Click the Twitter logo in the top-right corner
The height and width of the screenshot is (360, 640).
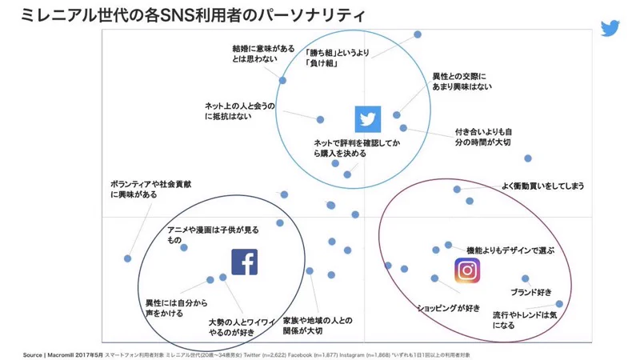(612, 28)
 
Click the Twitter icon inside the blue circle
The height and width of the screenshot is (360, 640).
(367, 119)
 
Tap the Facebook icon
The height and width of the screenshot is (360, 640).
(244, 262)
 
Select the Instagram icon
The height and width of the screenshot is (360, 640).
(467, 270)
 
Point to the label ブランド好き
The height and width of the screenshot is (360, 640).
(530, 291)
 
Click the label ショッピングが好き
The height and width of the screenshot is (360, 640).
(449, 308)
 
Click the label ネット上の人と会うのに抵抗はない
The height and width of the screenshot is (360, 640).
(239, 110)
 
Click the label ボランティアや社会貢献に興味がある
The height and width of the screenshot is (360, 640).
(150, 189)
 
